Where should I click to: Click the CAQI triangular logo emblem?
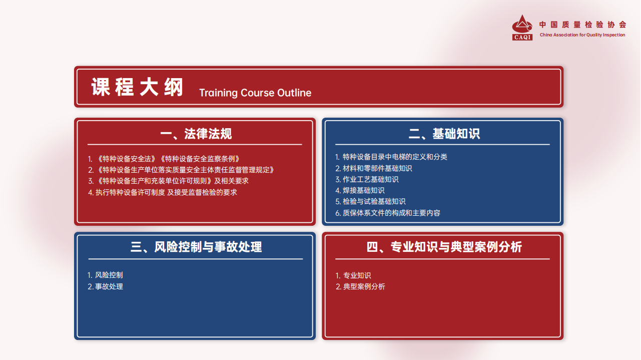522,28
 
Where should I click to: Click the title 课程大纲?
137,87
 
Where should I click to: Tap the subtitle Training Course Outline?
255,93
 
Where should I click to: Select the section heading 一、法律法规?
196,134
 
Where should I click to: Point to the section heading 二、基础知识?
444,134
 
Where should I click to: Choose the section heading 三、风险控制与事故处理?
196,247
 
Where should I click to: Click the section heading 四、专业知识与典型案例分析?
444,247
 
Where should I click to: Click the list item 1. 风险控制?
105,275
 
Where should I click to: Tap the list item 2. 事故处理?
105,287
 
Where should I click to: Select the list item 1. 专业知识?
353,275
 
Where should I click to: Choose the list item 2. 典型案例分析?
360,287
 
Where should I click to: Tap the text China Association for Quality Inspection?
582,35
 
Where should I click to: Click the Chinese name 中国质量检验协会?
582,25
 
